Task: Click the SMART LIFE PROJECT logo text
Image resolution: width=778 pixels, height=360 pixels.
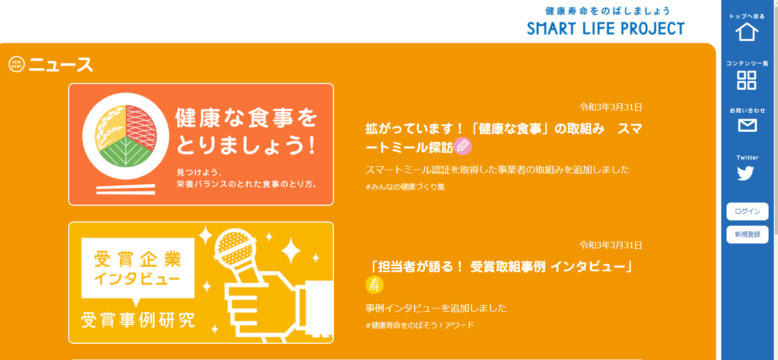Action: tap(606, 28)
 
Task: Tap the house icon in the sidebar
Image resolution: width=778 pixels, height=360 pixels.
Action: tap(747, 32)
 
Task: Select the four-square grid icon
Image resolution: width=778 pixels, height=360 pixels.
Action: tap(747, 80)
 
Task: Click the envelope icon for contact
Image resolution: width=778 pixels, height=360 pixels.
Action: tap(748, 125)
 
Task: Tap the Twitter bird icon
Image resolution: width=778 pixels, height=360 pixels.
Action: tap(745, 173)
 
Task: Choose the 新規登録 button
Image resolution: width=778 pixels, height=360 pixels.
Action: tap(748, 235)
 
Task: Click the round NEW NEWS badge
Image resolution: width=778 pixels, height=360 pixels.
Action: tap(16, 64)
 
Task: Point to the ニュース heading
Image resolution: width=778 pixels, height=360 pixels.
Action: tap(61, 65)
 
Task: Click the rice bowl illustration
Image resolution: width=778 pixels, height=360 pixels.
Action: tap(126, 136)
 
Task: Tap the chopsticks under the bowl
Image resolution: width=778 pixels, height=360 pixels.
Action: tap(126, 189)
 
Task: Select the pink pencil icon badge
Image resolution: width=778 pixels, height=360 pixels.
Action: tap(462, 146)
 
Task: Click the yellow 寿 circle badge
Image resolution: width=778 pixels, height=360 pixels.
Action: tap(374, 284)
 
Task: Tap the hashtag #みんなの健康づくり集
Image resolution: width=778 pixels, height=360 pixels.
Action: tap(405, 187)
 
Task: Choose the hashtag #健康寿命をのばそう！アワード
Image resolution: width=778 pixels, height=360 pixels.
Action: tap(419, 325)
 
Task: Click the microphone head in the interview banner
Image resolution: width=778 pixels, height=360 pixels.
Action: tap(235, 247)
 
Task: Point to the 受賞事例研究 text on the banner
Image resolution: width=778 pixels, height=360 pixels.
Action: tap(138, 320)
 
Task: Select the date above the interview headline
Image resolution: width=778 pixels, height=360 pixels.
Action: tap(611, 245)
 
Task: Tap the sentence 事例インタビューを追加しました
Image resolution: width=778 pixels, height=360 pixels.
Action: tap(436, 308)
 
